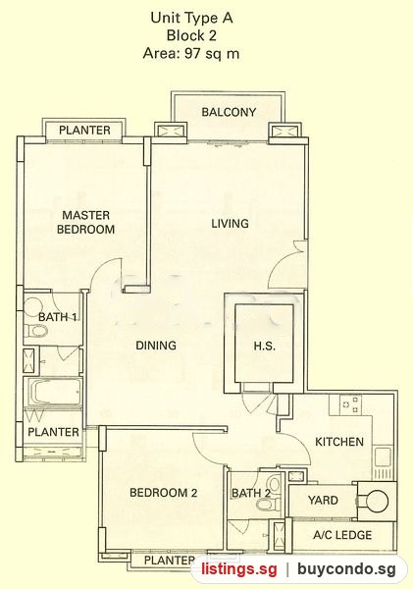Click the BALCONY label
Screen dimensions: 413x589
point(229,112)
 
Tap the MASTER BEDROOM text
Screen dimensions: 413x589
point(86,222)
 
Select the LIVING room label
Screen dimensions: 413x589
point(230,224)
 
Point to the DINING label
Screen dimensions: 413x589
point(156,346)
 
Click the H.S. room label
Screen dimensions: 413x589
point(265,346)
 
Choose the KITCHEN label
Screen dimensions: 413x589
point(339,442)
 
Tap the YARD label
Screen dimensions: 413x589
point(323,500)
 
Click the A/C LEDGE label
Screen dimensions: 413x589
point(342,535)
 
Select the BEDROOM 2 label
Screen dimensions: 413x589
point(163,493)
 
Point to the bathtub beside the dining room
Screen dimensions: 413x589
point(54,392)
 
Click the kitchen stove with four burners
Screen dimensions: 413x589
point(350,404)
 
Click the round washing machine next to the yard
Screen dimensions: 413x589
point(377,501)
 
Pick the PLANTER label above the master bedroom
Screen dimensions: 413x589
point(84,131)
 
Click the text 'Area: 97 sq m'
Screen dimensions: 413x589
point(191,53)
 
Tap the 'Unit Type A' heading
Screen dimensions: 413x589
point(191,18)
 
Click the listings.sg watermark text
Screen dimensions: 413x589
point(239,568)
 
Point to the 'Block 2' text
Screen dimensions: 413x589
point(191,35)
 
